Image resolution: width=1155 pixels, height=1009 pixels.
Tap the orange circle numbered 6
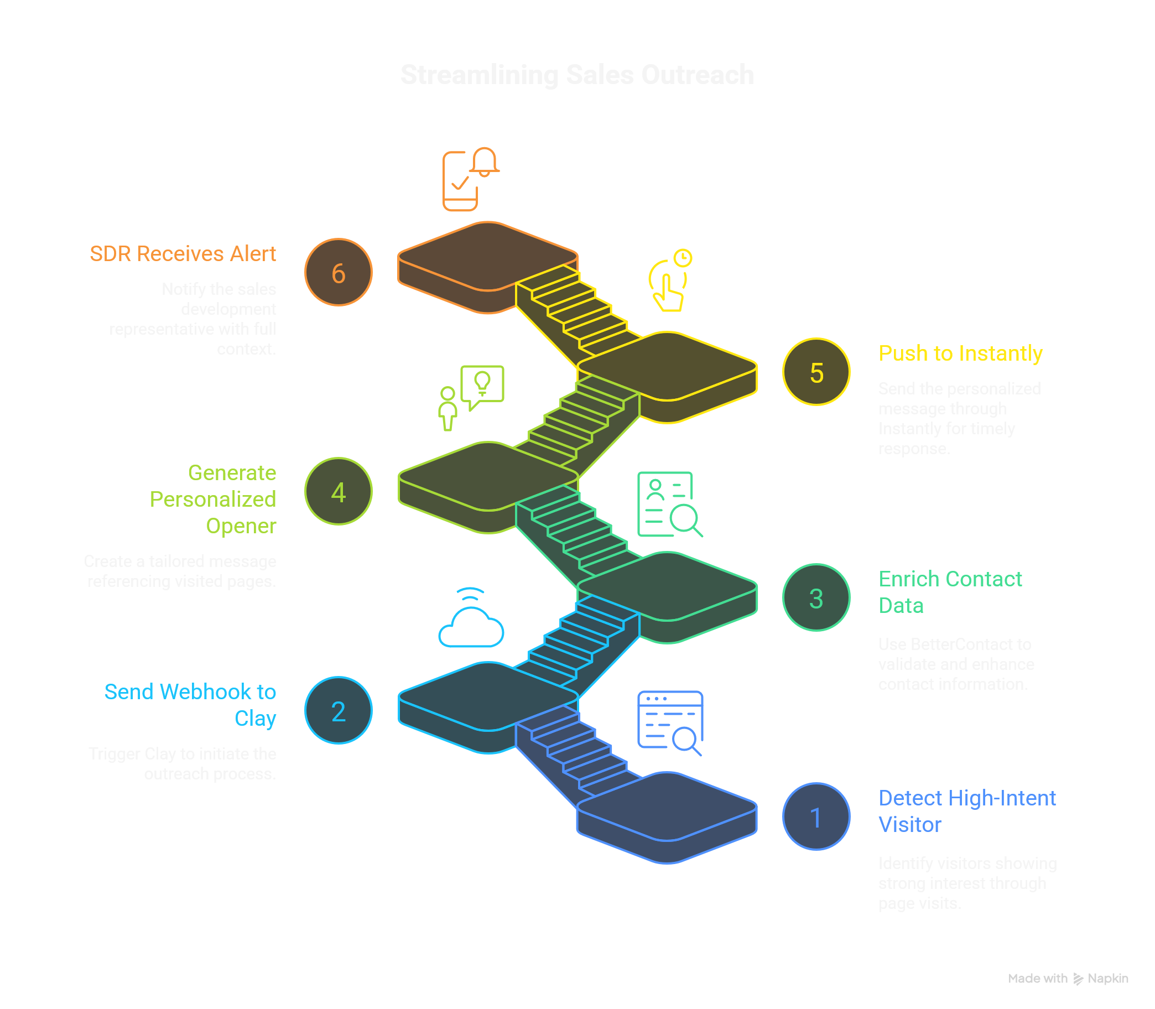pyautogui.click(x=338, y=273)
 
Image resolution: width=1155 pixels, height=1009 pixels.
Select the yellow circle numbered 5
pyautogui.click(x=816, y=372)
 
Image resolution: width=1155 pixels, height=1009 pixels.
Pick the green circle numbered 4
pyautogui.click(x=338, y=492)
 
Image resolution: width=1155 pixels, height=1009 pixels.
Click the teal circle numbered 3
pyautogui.click(x=816, y=598)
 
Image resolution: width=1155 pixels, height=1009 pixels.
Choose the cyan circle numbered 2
pyautogui.click(x=338, y=711)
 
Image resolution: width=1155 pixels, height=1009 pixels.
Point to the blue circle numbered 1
pyautogui.click(x=816, y=817)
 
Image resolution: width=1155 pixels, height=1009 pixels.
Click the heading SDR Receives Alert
pyautogui.click(x=183, y=254)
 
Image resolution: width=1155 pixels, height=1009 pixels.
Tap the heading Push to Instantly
pyautogui.click(x=960, y=353)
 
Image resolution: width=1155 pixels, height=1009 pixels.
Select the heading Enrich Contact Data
pyautogui.click(x=950, y=592)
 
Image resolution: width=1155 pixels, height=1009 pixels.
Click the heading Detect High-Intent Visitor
pyautogui.click(x=966, y=812)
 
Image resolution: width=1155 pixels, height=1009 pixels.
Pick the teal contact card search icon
pyautogui.click(x=669, y=504)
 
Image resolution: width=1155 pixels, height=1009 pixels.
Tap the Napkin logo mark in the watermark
pyautogui.click(x=1078, y=979)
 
